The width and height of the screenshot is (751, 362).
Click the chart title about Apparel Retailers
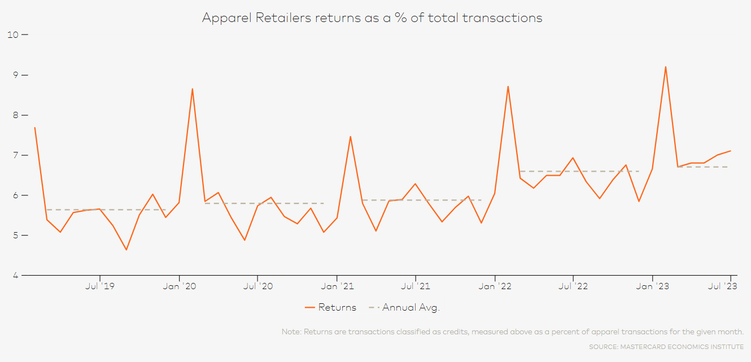372,18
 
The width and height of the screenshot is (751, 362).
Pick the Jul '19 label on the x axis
100,286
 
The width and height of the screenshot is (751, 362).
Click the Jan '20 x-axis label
179,286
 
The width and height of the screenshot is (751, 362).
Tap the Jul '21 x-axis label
416,286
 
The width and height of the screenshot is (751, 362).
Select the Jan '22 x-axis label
495,286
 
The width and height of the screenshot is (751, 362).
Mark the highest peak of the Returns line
666,67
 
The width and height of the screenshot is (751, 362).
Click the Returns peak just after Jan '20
193,89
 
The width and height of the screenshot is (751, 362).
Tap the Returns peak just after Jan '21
350,136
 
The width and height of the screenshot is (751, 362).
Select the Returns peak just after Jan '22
508,86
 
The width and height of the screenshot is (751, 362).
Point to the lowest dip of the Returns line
126,250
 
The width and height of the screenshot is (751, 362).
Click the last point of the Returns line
731,151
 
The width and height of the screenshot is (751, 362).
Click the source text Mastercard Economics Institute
666,346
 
